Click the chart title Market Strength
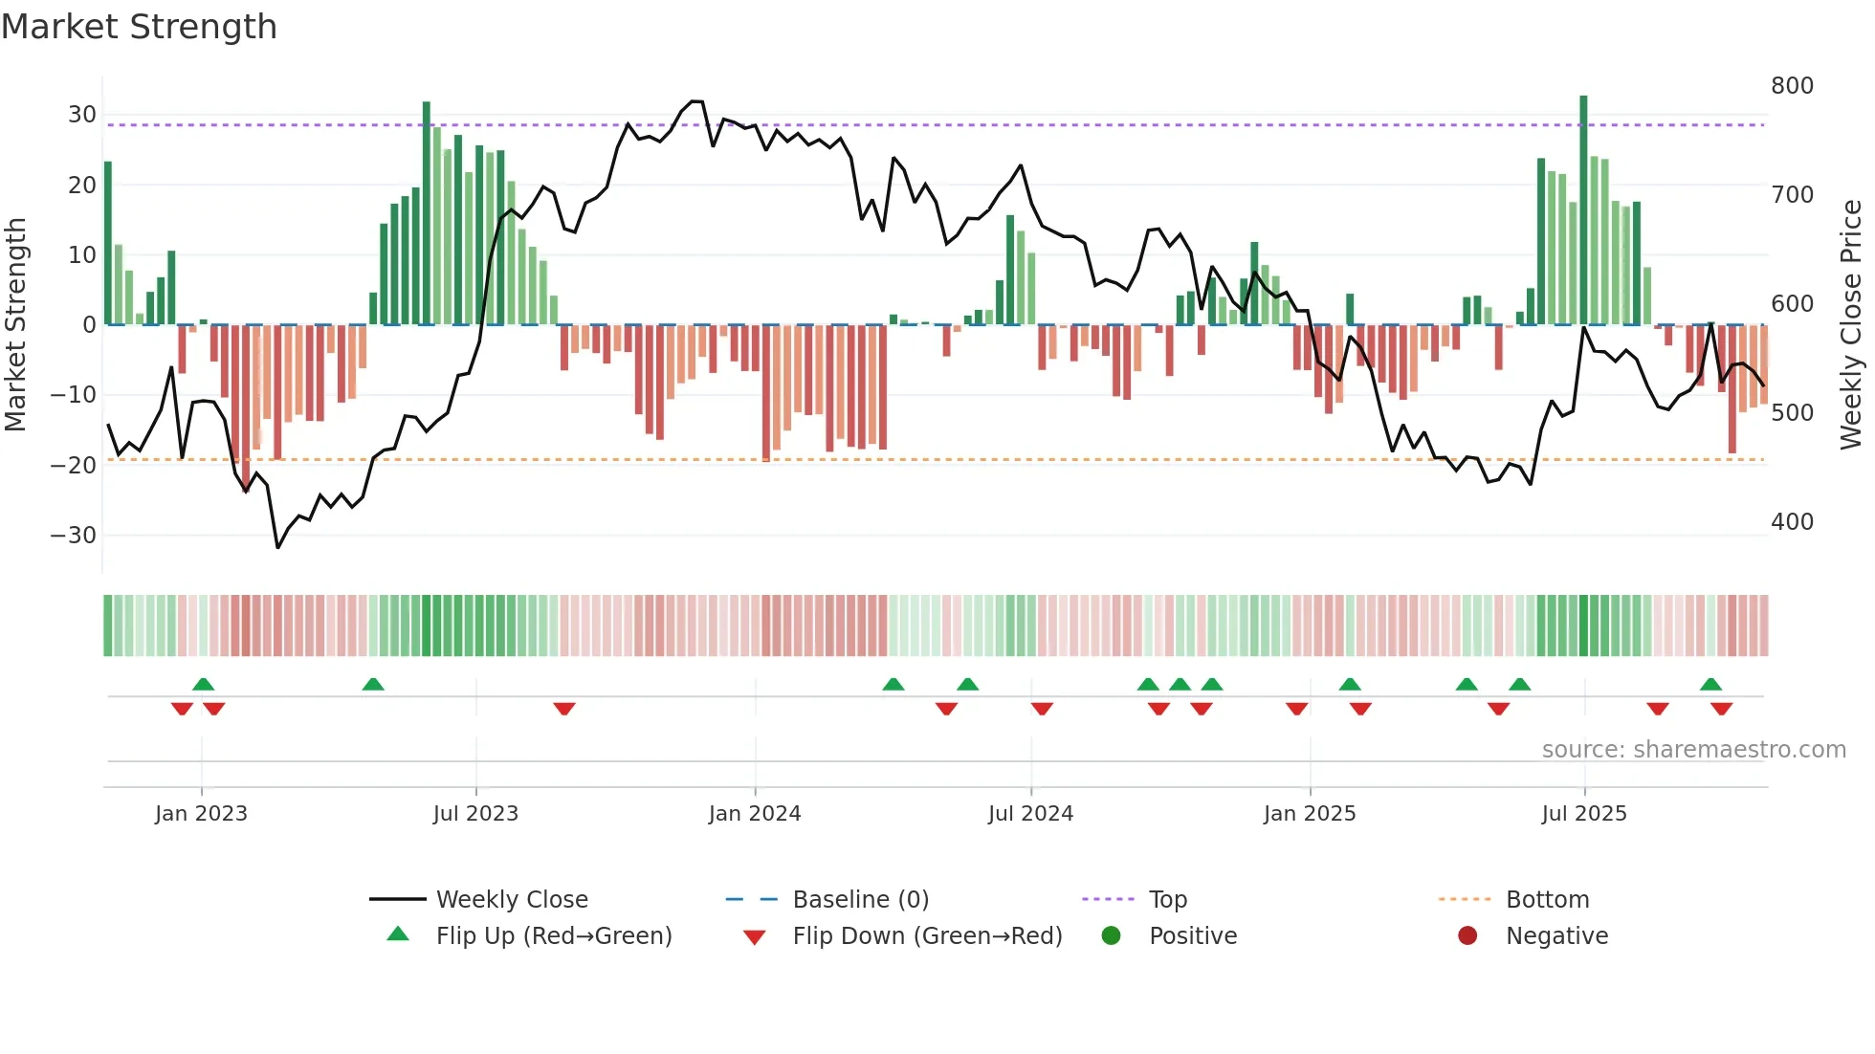(139, 27)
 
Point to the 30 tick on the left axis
(82, 115)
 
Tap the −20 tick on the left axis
(75, 466)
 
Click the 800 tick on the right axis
(1792, 86)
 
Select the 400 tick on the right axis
(1792, 522)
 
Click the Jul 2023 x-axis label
(475, 814)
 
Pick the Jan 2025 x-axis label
(1310, 814)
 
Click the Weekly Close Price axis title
(1851, 325)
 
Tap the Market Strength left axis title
(15, 325)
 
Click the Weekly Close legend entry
(512, 900)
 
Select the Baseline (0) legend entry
(860, 900)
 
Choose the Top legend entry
(1167, 900)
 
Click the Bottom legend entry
(1547, 900)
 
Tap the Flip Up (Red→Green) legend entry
(554, 936)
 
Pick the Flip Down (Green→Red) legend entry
(927, 936)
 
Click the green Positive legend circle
(1111, 936)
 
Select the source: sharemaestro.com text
(1693, 750)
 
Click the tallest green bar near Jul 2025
(1583, 210)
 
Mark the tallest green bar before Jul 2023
(427, 212)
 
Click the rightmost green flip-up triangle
(1711, 685)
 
